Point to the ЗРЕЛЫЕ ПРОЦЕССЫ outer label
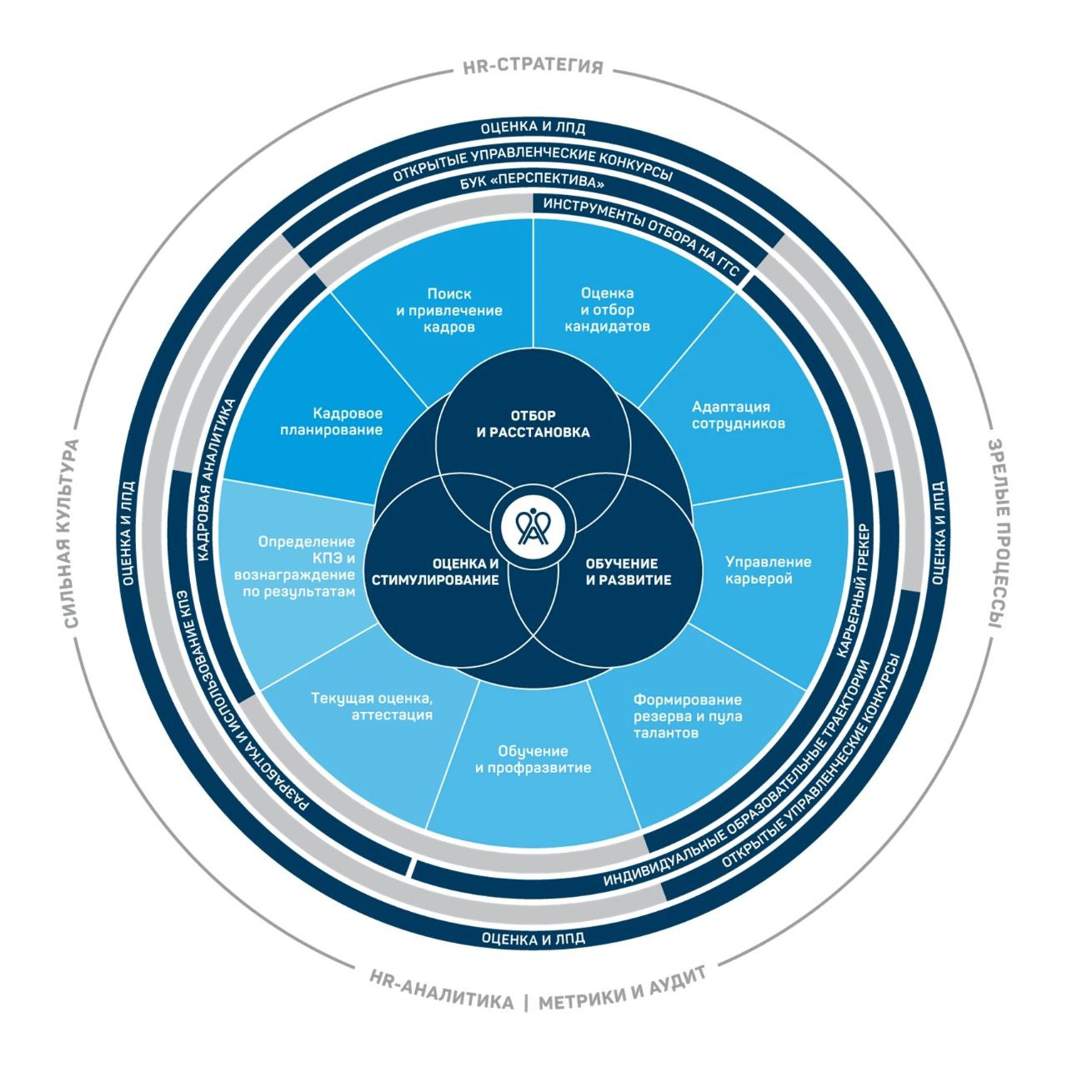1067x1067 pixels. point(996,533)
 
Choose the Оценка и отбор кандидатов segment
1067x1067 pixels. point(607,309)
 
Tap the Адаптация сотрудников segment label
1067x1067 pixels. point(730,415)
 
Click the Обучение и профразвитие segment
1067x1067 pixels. point(533,759)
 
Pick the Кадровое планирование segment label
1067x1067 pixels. point(348,422)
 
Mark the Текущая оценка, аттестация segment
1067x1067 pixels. point(371,706)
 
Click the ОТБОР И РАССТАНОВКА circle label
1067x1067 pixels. point(533,423)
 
